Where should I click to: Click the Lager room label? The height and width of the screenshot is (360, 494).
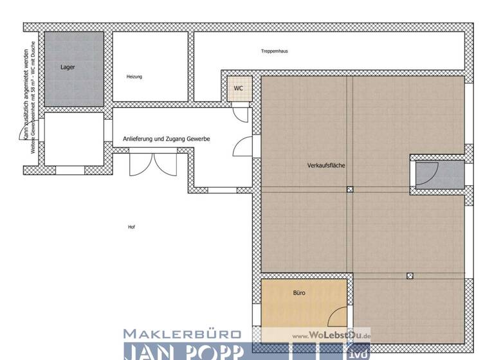pyautogui.click(x=67, y=67)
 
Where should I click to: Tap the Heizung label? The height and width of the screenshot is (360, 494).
pyautogui.click(x=134, y=76)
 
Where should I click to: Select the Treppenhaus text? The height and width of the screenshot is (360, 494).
pyautogui.click(x=274, y=50)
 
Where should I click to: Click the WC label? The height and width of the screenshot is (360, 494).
pyautogui.click(x=238, y=88)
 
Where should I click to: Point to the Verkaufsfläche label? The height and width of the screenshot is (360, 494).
pyautogui.click(x=326, y=165)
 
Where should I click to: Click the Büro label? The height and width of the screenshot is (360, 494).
pyautogui.click(x=299, y=292)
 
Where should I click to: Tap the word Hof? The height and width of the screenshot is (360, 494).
pyautogui.click(x=131, y=227)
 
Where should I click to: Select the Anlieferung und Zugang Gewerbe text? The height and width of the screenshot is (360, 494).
pyautogui.click(x=167, y=139)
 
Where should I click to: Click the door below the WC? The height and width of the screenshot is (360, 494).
pyautogui.click(x=240, y=114)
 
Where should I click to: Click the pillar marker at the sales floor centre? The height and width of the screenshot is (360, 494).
pyautogui.click(x=350, y=190)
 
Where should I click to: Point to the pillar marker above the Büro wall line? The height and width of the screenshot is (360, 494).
pyautogui.click(x=409, y=276)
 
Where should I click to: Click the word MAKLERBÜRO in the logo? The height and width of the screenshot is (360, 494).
pyautogui.click(x=182, y=334)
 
